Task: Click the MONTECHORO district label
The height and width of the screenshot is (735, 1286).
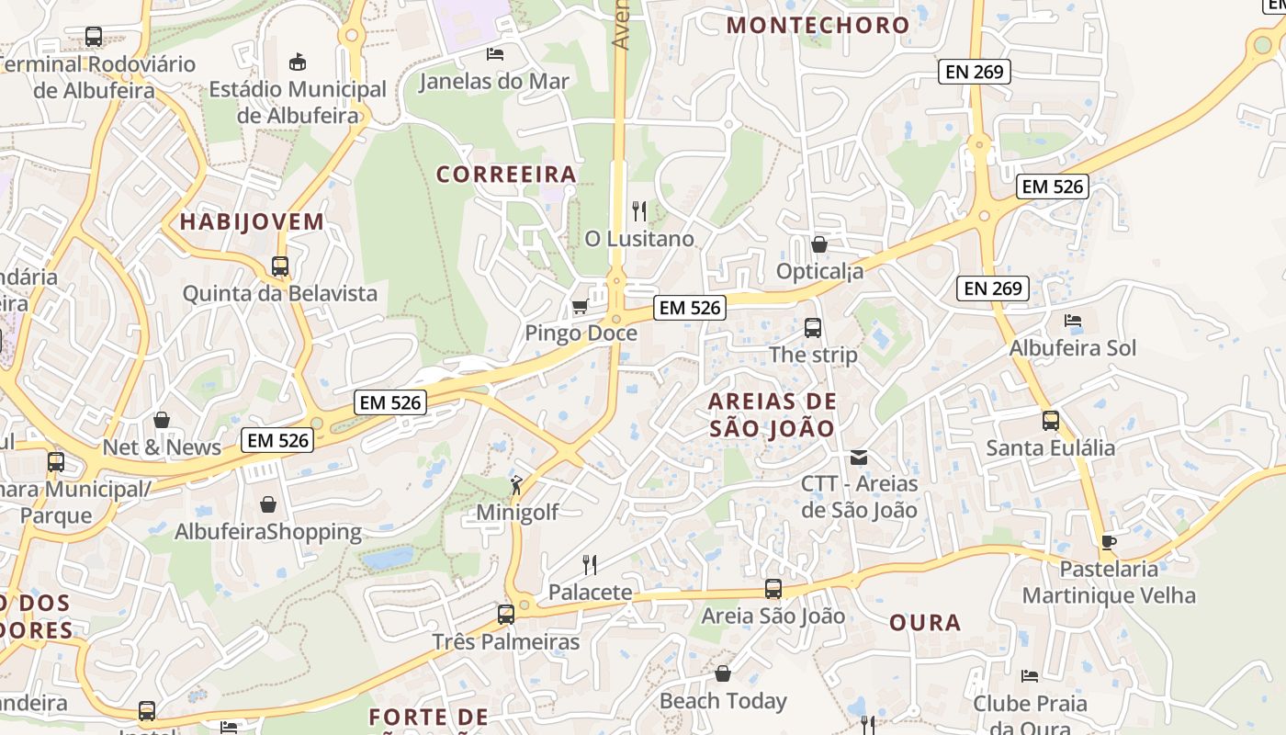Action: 818,25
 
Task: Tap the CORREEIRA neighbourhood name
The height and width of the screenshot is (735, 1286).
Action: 506,174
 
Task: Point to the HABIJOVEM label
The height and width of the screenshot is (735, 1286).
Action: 252,221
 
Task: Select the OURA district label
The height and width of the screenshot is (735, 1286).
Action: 925,622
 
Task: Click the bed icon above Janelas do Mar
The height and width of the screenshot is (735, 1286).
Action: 495,53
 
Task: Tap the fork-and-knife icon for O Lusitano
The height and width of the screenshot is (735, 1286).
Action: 639,211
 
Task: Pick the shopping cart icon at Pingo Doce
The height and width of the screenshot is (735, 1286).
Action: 580,306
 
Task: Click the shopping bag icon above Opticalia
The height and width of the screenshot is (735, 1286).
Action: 819,244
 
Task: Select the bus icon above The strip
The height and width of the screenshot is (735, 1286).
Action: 812,327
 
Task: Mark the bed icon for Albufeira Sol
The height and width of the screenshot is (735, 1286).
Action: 1072,321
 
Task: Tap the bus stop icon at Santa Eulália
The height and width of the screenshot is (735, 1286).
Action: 1051,421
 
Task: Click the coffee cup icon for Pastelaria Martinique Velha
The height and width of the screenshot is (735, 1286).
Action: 1109,542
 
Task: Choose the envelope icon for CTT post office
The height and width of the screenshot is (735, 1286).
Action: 859,457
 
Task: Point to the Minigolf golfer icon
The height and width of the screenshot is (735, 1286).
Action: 517,485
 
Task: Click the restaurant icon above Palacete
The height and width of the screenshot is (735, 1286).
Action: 590,564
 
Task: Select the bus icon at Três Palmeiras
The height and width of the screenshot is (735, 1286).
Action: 506,614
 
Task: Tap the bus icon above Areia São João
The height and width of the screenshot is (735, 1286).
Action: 773,589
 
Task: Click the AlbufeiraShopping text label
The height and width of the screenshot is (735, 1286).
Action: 268,532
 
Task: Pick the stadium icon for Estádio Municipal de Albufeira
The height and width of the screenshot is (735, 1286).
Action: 298,62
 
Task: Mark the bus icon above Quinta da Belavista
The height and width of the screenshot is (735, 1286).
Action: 280,266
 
